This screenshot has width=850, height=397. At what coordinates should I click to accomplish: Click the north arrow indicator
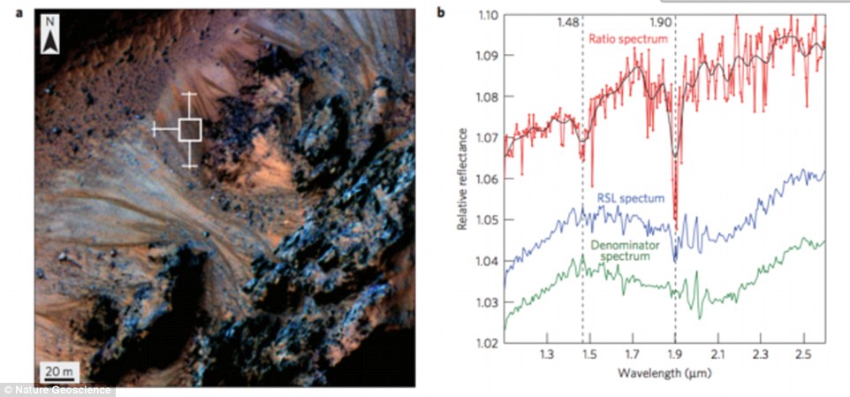[x=52, y=39]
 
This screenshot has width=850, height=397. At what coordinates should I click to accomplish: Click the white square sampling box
[x=190, y=130]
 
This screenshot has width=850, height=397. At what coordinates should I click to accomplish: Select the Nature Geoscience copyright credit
[x=57, y=389]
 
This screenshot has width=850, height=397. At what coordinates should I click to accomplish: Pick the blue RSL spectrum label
[x=629, y=199]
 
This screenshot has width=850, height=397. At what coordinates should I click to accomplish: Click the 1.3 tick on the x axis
[x=547, y=355]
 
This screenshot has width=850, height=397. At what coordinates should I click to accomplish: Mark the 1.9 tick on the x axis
[x=675, y=355]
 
